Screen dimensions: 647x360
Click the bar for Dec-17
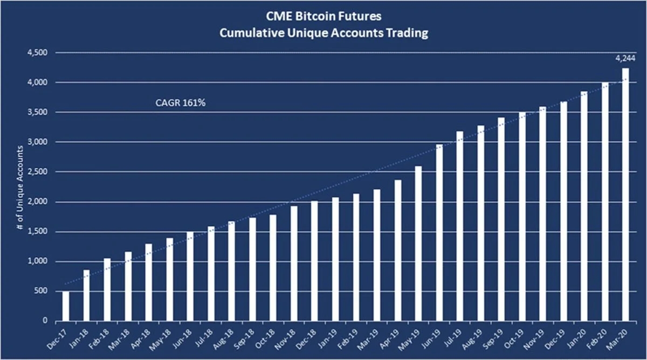[x=66, y=306]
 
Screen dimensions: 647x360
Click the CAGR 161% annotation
[x=180, y=102]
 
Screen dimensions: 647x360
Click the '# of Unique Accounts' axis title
[x=19, y=188]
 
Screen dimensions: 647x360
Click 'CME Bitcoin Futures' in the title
[x=323, y=17]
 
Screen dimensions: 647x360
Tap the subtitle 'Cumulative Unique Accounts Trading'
[x=323, y=33]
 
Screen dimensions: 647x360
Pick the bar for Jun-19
[x=439, y=233]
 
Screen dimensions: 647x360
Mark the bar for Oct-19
[x=522, y=217]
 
